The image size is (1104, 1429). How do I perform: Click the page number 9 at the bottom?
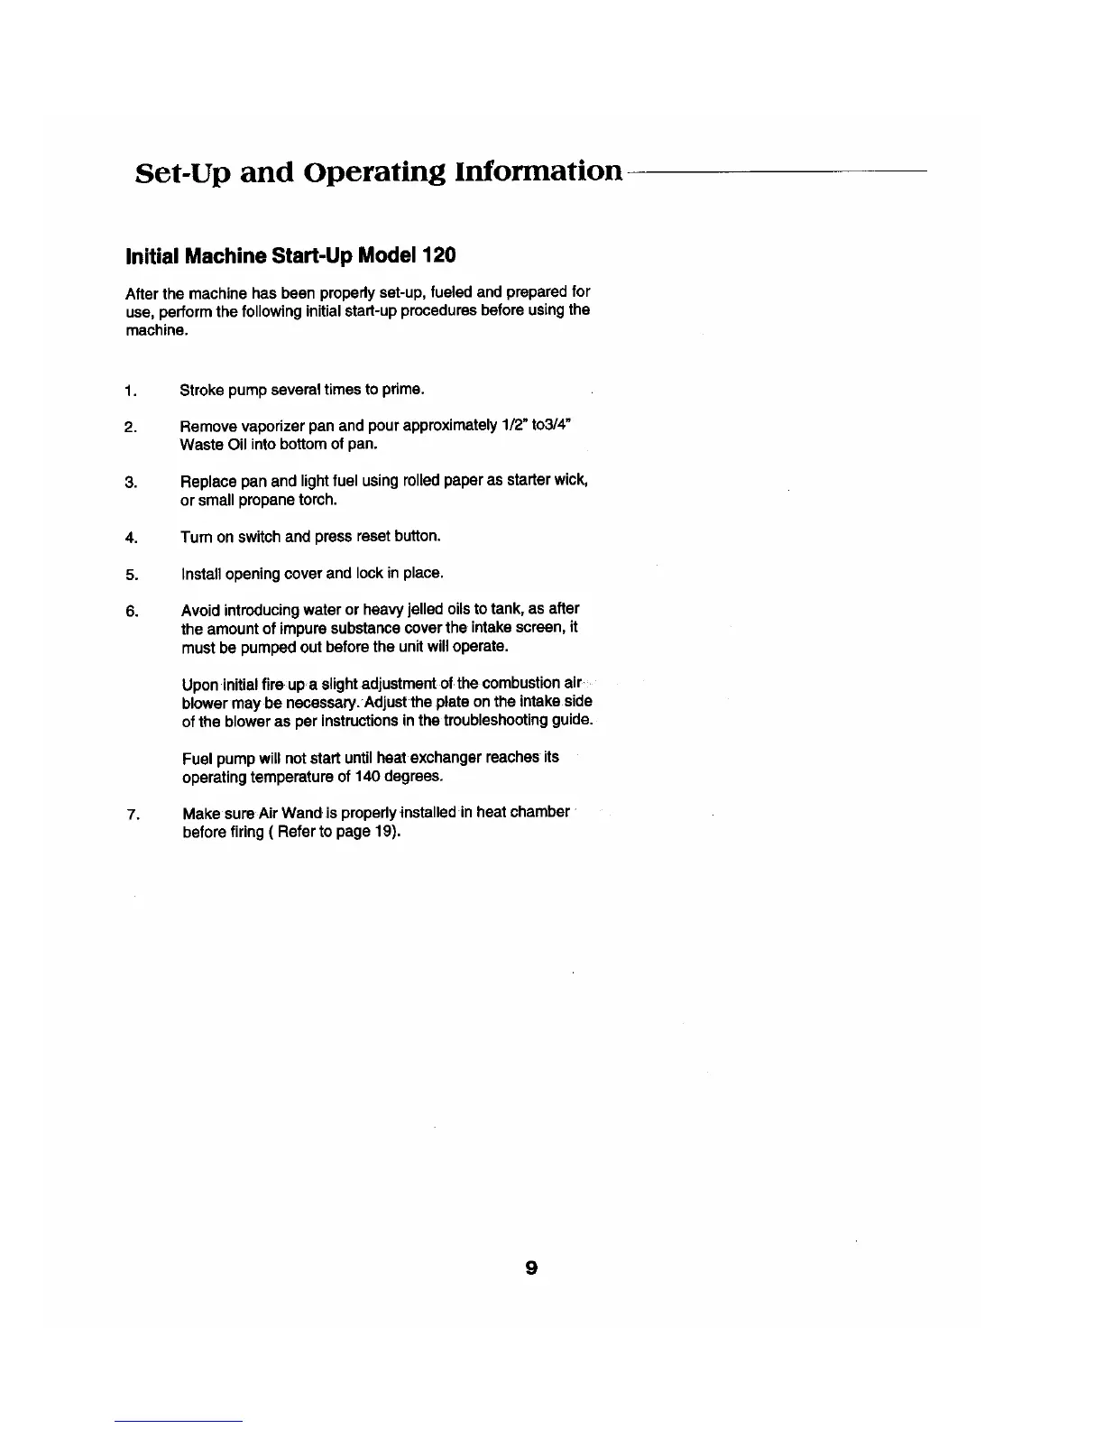point(531,1268)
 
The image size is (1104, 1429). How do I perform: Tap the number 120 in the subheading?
point(439,255)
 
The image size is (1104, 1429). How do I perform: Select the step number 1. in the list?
point(132,391)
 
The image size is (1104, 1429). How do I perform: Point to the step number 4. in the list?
point(132,538)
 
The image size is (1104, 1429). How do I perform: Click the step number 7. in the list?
point(133,815)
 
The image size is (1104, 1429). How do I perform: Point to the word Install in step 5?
point(198,573)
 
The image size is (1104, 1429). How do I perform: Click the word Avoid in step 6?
point(198,609)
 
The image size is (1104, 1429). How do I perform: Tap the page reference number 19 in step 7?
point(382,831)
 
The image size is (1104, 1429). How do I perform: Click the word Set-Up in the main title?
point(186,171)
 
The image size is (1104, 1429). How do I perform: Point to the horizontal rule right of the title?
point(776,171)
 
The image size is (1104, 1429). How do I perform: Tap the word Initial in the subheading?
point(152,255)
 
